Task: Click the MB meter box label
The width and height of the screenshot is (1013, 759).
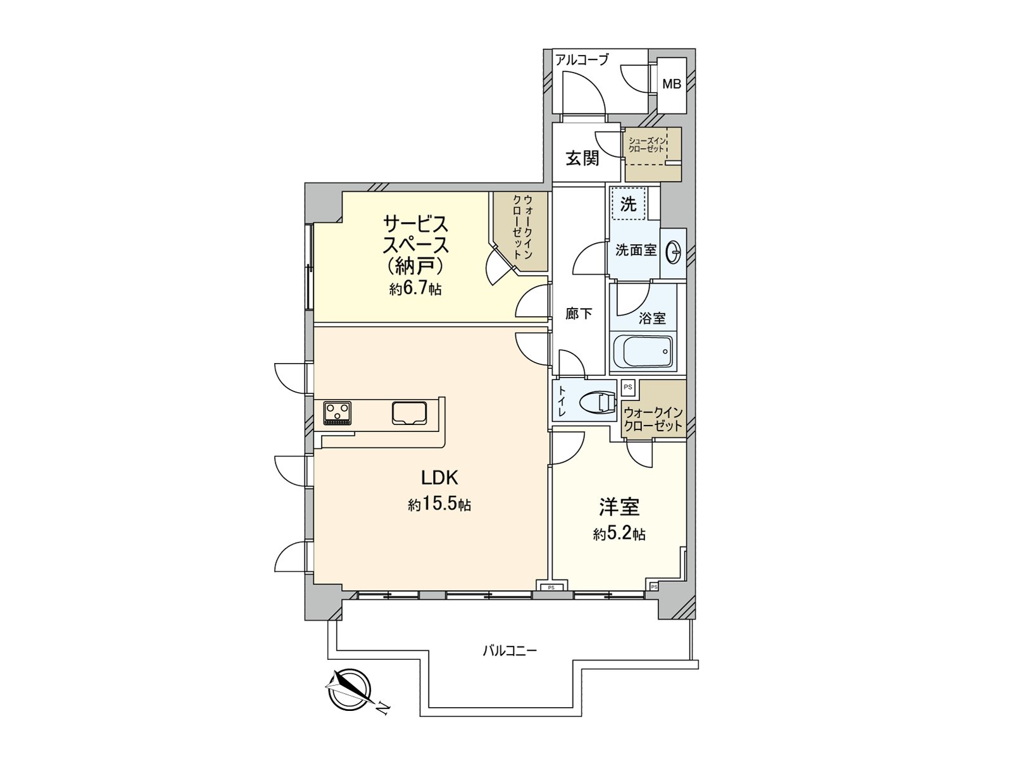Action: (x=672, y=83)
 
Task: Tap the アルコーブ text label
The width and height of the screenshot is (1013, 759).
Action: (x=582, y=60)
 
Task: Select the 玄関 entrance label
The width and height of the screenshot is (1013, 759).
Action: (x=582, y=157)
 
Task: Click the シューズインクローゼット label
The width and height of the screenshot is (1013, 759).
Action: (x=646, y=145)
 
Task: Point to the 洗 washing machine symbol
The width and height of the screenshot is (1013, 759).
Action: (x=628, y=204)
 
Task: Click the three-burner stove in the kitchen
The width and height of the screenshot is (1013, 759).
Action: (x=337, y=414)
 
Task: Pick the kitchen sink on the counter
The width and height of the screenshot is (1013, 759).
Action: (x=409, y=413)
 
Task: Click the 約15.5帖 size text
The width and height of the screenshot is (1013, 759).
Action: (x=439, y=505)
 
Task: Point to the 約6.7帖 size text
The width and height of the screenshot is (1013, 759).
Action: (x=415, y=289)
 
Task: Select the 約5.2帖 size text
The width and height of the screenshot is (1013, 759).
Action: (x=619, y=534)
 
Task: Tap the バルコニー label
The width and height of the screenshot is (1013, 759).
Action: (x=510, y=650)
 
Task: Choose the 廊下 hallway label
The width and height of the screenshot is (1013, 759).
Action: (x=579, y=314)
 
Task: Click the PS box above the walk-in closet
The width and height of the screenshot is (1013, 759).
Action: (x=628, y=386)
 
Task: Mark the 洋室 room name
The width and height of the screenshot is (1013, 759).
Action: (x=619, y=507)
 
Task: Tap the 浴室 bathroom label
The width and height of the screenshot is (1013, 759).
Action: (x=652, y=318)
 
